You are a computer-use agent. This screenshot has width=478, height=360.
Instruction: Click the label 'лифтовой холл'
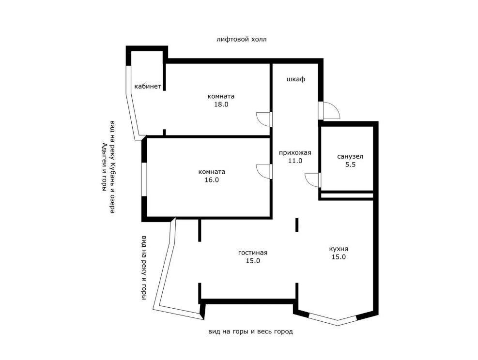point(242,39)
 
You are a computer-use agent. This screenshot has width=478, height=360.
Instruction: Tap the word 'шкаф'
point(296,79)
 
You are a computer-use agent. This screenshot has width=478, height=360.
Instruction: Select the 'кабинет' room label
point(148,87)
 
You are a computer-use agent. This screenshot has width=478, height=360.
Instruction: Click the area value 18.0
point(221,105)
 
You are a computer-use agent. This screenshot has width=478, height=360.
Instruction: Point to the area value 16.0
point(212,180)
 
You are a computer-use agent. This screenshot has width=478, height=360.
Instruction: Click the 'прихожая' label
point(295,152)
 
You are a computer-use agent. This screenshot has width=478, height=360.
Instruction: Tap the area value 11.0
point(295,161)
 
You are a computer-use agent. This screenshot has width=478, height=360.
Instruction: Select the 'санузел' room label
point(350,157)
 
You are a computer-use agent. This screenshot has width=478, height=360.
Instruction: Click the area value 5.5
point(350,165)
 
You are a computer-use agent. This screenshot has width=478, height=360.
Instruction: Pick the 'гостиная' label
point(253,253)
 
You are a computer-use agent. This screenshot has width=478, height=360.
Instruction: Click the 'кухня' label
point(339,249)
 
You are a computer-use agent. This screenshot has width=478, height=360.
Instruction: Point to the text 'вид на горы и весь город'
point(250,331)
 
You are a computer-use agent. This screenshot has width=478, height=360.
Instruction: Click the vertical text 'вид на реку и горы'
point(143,268)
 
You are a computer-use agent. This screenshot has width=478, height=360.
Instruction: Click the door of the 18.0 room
point(264,119)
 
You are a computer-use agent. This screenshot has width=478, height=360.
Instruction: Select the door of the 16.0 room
point(264,172)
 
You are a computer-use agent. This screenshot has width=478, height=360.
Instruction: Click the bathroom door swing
point(313,180)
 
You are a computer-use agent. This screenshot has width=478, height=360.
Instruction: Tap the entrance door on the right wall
point(329,110)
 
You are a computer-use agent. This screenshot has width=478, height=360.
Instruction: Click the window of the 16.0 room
point(144,180)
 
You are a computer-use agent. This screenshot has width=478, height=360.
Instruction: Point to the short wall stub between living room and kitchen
point(296,225)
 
